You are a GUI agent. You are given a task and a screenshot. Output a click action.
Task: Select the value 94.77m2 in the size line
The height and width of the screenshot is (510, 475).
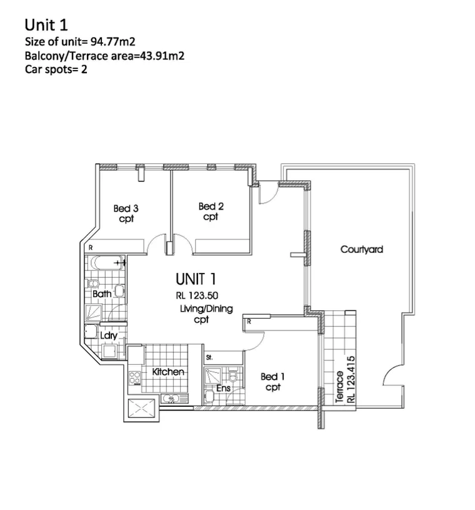115,43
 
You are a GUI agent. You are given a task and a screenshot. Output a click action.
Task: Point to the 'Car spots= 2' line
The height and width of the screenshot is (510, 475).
56,69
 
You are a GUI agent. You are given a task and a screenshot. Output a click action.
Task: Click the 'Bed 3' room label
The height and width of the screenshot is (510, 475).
126,208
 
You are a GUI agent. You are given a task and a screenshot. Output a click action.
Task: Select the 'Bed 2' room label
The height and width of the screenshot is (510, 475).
211,207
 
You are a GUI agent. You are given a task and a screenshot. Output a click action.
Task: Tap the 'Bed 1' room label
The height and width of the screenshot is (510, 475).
272,377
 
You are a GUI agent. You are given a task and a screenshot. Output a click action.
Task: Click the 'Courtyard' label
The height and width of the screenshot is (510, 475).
361,249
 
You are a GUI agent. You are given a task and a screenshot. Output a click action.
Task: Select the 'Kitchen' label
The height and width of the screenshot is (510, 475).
168,372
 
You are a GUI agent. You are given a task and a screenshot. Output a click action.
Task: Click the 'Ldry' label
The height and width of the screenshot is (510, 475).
109,335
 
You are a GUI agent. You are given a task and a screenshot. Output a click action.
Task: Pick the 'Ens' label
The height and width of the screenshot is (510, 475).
223,389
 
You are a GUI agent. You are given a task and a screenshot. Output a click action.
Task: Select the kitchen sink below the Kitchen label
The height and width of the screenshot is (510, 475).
170,398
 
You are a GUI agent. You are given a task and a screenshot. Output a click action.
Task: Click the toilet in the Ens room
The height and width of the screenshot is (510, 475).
232,375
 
